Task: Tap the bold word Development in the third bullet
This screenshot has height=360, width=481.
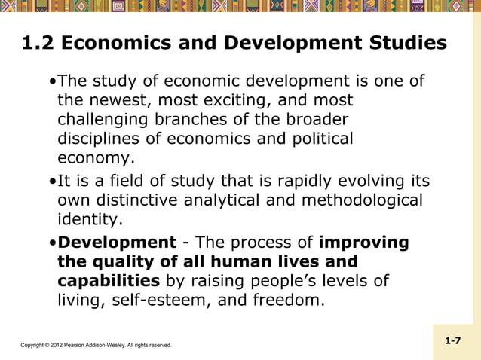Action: (117, 243)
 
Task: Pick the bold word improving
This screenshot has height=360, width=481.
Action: (364, 243)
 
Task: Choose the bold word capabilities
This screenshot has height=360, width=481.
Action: (109, 282)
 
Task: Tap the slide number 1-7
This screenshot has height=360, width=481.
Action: (453, 341)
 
